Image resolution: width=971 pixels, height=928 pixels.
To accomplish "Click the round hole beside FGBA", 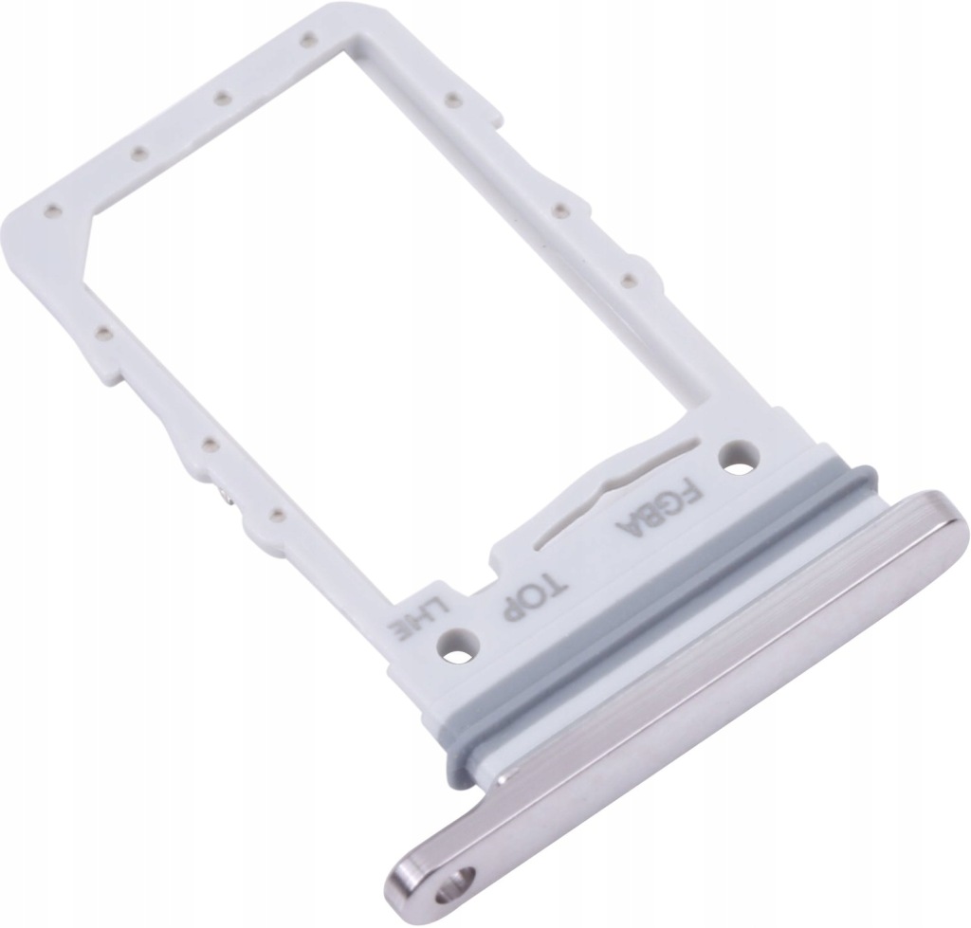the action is (x=738, y=458).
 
